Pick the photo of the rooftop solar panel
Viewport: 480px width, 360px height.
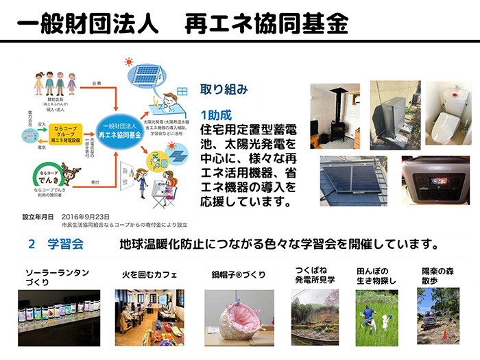[x=353, y=180]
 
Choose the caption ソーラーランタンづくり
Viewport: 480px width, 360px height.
[x=57, y=277]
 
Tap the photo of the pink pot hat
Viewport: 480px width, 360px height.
[x=239, y=317]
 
